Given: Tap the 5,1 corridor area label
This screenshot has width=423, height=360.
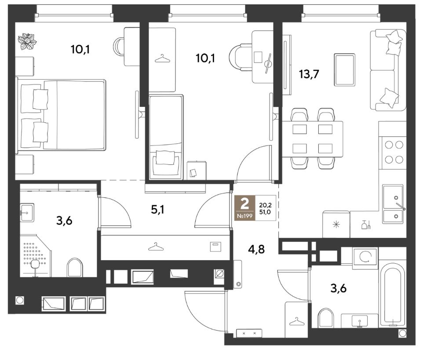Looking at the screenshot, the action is point(158,210).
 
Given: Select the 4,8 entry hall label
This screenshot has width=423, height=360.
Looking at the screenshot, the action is point(256,249).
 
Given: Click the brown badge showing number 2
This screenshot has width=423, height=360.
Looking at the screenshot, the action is point(244,204).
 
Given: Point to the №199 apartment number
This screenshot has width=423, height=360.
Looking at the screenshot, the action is point(244,216).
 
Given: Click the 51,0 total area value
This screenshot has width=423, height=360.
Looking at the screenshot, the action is point(265,212).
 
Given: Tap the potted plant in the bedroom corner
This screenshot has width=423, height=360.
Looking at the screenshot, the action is point(27,41).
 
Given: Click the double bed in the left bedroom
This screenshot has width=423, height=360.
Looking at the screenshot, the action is point(61,115).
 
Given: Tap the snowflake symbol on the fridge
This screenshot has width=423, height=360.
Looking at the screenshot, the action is point(336,224).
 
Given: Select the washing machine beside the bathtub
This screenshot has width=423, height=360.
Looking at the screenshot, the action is point(365,258).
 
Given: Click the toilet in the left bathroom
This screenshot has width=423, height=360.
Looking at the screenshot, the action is point(75,267).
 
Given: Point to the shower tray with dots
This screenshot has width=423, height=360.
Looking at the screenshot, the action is point(35,256).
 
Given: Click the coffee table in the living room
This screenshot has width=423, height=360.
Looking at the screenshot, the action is point(344,70).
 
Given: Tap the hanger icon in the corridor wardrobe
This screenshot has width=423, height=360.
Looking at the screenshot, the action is point(157,247).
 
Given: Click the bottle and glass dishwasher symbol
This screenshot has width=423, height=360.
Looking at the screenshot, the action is point(366,225).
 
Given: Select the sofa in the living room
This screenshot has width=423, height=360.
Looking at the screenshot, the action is point(388,70).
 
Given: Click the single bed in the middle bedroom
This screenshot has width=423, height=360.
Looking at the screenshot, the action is point(166,137).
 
